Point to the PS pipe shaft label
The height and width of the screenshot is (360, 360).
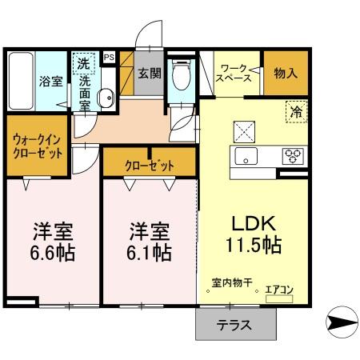tap(109, 57)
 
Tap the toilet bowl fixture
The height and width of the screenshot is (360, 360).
tap(182, 78)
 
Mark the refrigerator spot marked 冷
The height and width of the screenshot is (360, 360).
tap(294, 113)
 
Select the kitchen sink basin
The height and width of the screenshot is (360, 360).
tap(245, 155)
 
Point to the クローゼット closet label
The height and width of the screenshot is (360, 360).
tap(150, 165)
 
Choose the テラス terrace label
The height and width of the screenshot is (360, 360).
tap(235, 325)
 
